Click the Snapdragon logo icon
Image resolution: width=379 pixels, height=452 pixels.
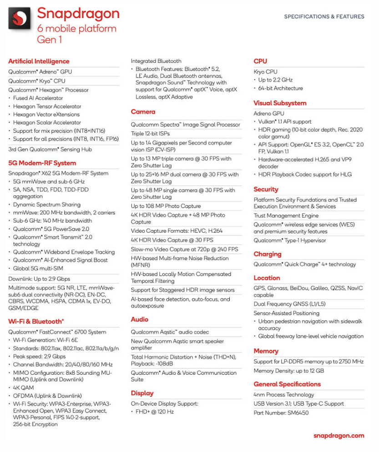[20, 18]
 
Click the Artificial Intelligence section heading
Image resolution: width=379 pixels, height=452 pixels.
[39, 61]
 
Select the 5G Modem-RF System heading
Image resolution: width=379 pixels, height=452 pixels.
[42, 163]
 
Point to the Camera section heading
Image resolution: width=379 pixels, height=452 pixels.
[143, 112]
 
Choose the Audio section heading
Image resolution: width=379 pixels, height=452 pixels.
[140, 320]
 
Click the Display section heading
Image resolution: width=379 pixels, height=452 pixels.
[142, 393]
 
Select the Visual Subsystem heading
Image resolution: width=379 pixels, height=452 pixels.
[280, 103]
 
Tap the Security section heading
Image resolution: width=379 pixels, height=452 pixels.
[266, 189]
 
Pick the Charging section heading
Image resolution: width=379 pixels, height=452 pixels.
[268, 254]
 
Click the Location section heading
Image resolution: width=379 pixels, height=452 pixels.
[267, 278]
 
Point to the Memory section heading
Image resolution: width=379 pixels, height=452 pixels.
[266, 351]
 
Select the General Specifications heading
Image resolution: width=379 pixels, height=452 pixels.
[287, 384]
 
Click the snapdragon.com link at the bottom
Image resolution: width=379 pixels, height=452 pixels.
[339, 436]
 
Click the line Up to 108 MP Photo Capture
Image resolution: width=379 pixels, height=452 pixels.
[166, 206]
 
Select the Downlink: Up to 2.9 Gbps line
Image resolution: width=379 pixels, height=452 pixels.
[39, 279]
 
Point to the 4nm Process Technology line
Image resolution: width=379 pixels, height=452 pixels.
[284, 395]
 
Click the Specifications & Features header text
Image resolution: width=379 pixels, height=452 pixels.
[324, 16]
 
